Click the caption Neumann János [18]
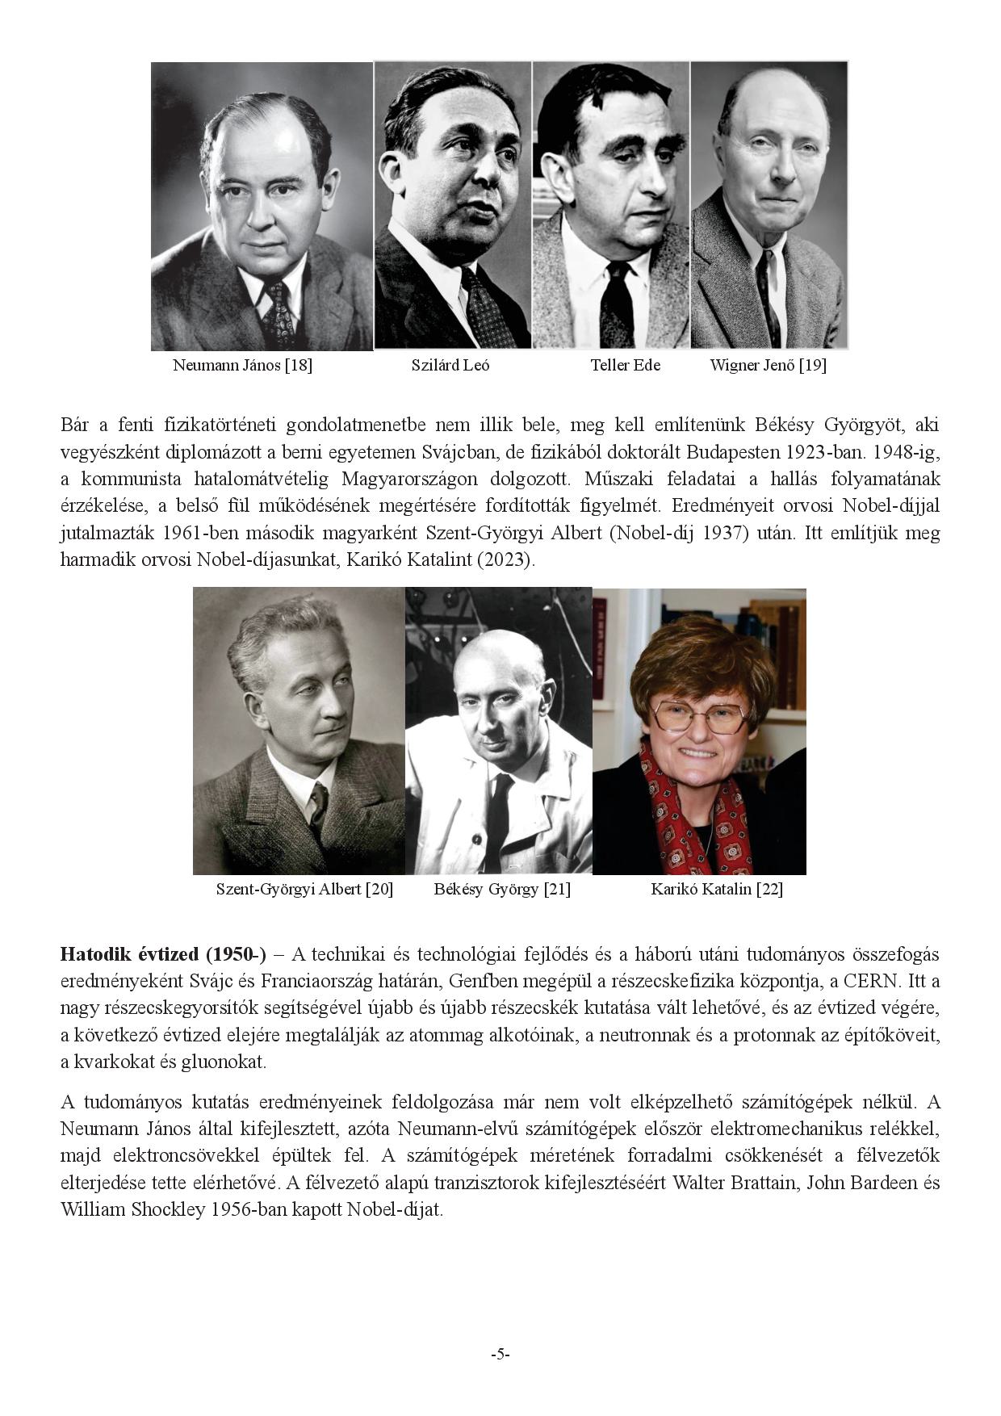(x=242, y=365)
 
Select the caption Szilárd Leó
(x=450, y=365)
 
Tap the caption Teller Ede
(x=625, y=365)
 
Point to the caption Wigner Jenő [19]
(x=768, y=365)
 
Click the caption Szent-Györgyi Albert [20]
(x=304, y=889)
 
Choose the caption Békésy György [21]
(x=501, y=889)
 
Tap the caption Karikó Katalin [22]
(x=717, y=889)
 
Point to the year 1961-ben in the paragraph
(x=199, y=533)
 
